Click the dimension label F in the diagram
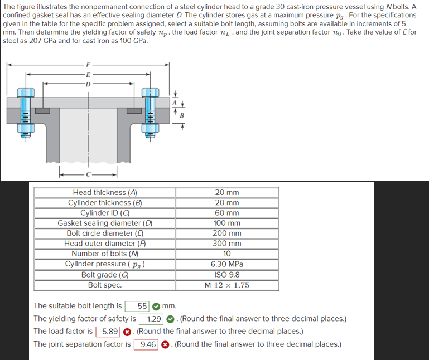(x=87, y=64)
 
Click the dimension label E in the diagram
(x=87, y=74)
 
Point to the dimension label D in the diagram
(x=87, y=84)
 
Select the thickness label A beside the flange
(x=175, y=103)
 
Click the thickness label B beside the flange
(x=180, y=116)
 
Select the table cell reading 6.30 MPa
(x=227, y=264)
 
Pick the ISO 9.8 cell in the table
(x=227, y=275)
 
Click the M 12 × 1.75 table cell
(x=227, y=285)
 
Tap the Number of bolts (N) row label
(x=104, y=254)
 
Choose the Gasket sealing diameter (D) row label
(x=104, y=223)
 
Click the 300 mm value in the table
(x=227, y=244)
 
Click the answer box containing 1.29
(x=151, y=319)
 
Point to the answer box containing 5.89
(x=108, y=332)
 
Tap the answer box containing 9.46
(x=147, y=344)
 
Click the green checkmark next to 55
(x=157, y=306)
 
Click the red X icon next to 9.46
(x=166, y=344)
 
